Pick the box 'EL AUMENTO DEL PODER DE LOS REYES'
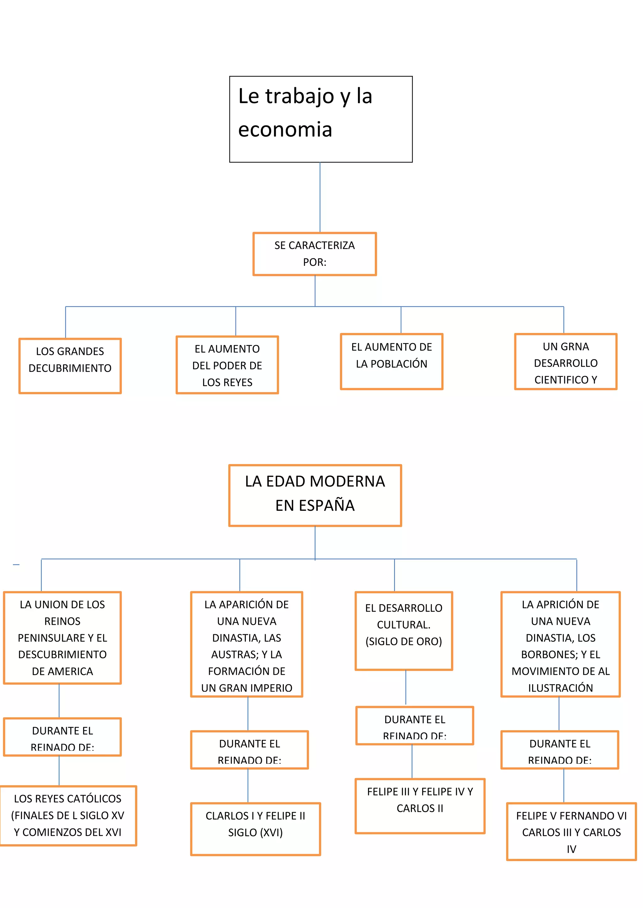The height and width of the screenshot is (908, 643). point(227,365)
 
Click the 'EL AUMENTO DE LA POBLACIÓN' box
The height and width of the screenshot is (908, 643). point(391,361)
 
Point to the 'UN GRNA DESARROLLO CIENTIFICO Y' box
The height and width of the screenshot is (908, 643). point(565,362)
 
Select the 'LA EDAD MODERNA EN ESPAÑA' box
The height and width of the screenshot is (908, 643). point(315,495)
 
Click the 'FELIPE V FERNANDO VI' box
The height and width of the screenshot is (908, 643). point(571,831)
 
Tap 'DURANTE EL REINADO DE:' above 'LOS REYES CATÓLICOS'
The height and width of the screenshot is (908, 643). point(62,737)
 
